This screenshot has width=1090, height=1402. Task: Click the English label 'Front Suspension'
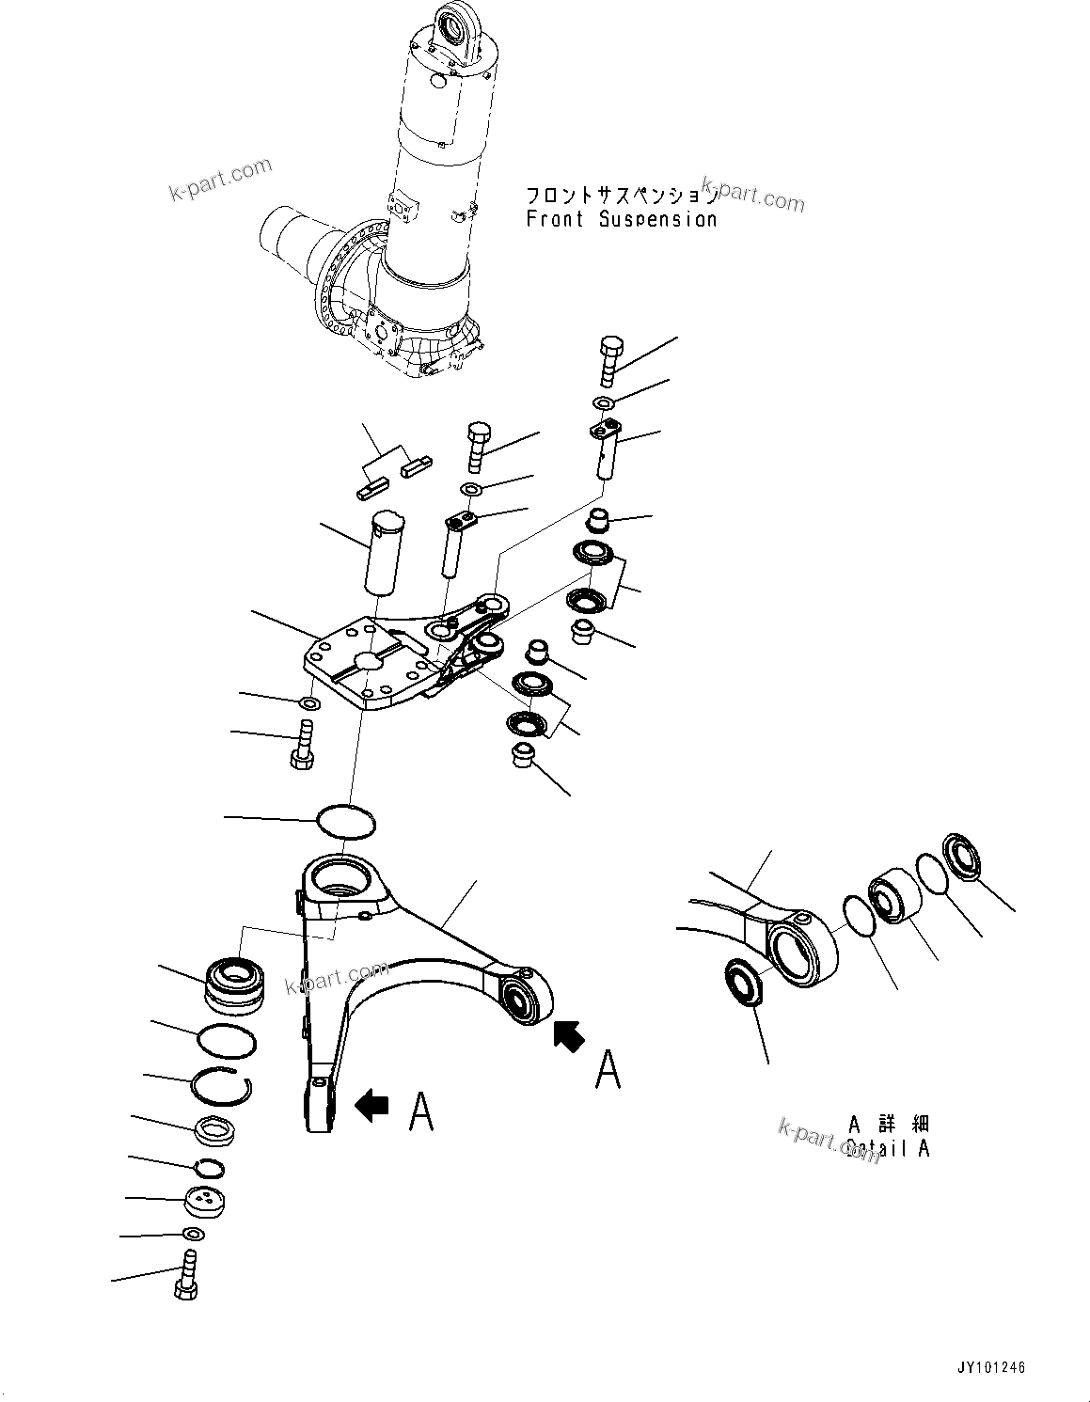click(621, 219)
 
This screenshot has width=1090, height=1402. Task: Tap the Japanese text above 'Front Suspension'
click(621, 196)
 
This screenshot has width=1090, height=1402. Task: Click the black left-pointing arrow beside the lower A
click(372, 1106)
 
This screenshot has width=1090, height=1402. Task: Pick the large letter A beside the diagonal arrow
click(608, 1069)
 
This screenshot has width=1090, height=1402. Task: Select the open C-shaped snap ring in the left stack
click(220, 1087)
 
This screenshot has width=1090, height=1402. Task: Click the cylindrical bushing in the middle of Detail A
click(891, 898)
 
